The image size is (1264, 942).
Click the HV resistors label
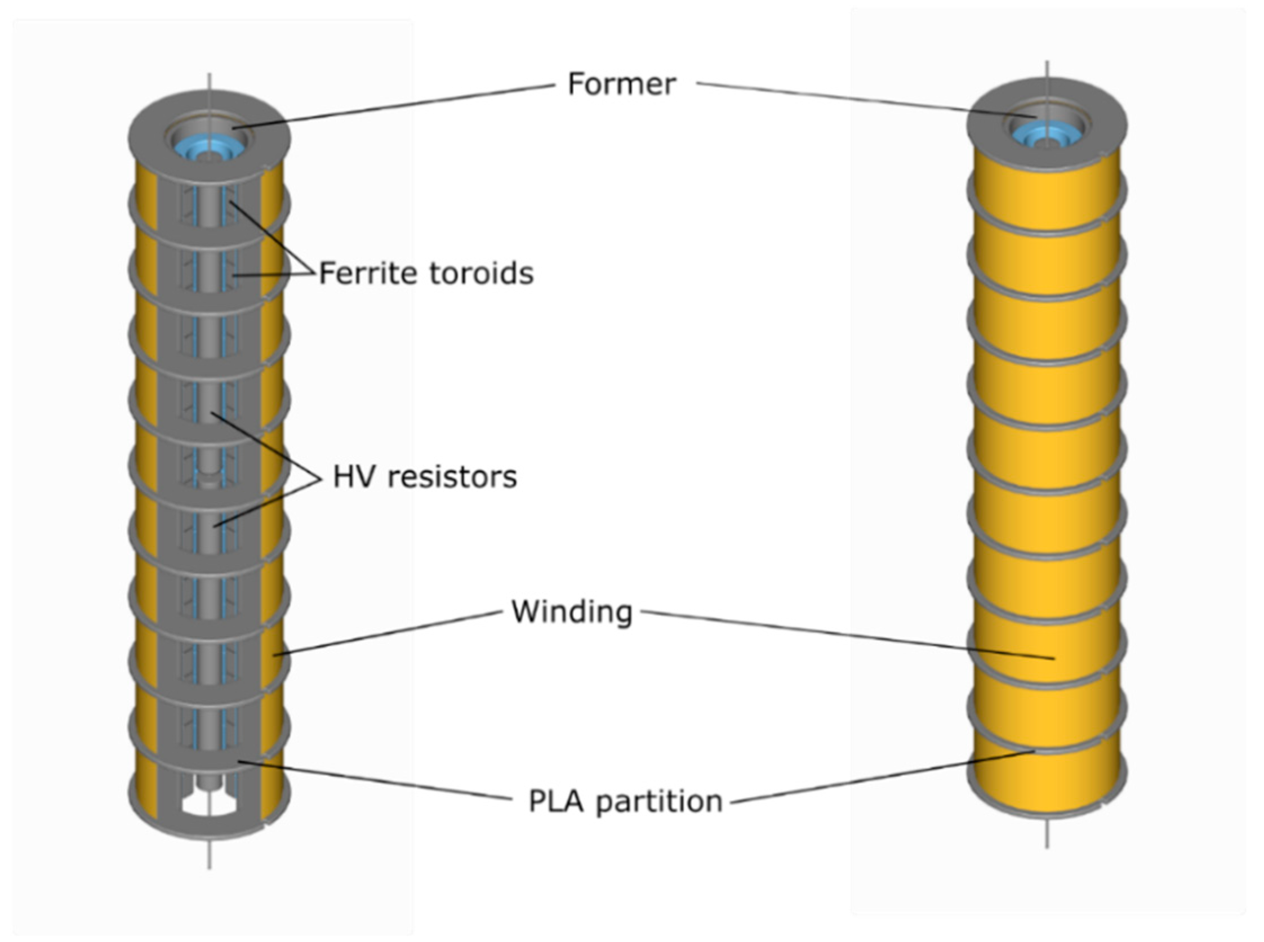[x=424, y=477]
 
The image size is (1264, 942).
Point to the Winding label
[x=572, y=612]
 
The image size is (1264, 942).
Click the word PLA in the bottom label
[x=555, y=801]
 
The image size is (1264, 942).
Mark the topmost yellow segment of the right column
[x=1047, y=199]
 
